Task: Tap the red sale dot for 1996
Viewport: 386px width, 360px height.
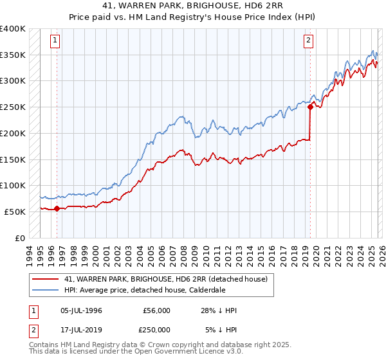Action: coord(57,208)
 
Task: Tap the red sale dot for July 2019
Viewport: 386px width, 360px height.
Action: coord(310,107)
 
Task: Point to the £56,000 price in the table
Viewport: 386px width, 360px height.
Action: coord(156,310)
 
